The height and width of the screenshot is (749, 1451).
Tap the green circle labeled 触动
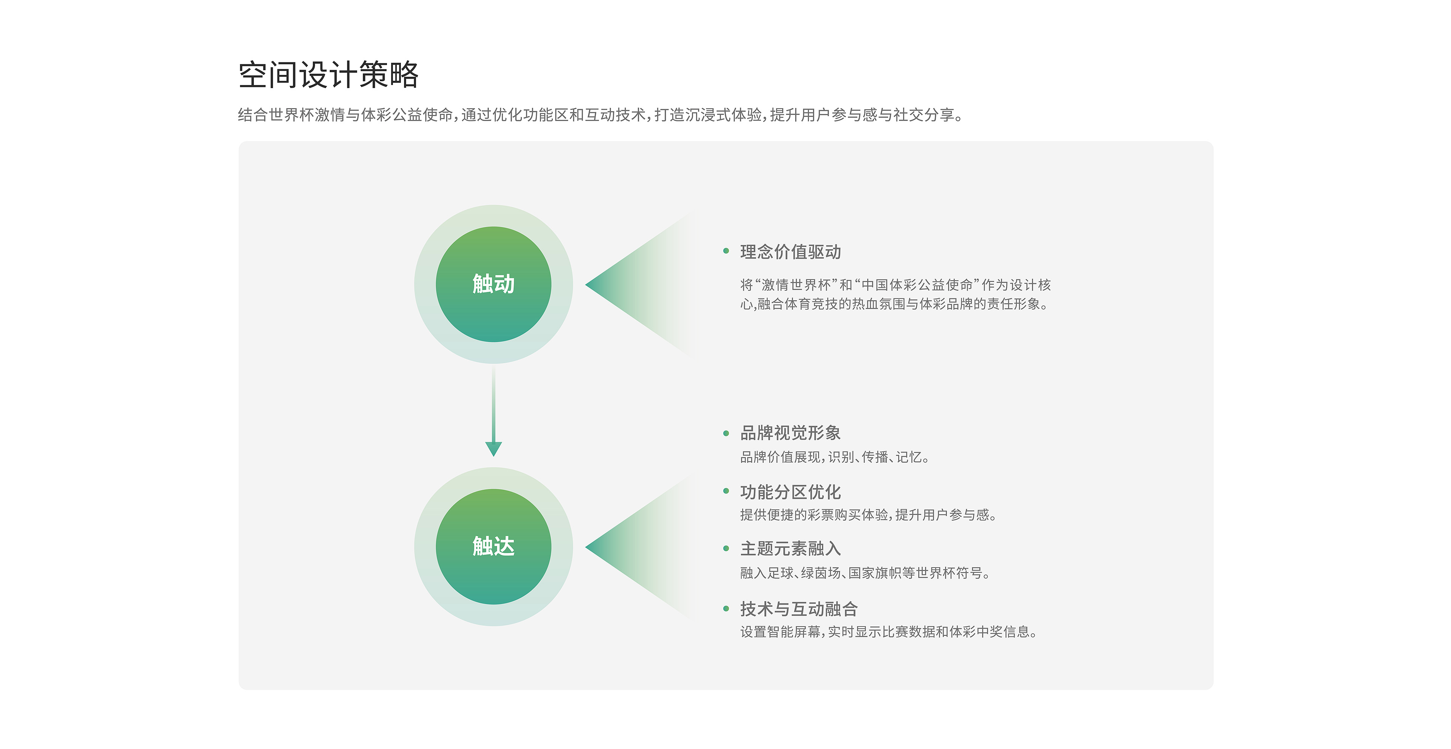click(493, 284)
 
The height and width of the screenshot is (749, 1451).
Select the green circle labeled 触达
click(493, 546)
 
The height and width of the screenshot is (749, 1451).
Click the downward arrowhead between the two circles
click(493, 449)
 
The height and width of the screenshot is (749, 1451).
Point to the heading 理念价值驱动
click(790, 252)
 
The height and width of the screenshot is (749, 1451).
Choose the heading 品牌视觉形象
click(790, 433)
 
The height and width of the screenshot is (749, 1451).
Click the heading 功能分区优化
click(790, 492)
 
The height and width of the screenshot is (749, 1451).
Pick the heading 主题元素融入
click(790, 548)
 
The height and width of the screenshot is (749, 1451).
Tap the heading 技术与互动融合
click(799, 609)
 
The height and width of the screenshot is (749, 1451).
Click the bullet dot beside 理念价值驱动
click(726, 251)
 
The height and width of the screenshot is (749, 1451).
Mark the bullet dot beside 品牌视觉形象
click(726, 433)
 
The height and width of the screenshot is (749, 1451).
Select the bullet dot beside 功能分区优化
click(726, 491)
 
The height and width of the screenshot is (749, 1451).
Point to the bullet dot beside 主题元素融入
click(726, 548)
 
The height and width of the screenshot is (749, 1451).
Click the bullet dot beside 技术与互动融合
click(726, 608)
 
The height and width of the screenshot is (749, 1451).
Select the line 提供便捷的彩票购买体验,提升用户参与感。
click(868, 515)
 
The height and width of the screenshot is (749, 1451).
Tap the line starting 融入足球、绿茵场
click(865, 573)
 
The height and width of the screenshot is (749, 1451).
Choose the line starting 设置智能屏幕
click(888, 632)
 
